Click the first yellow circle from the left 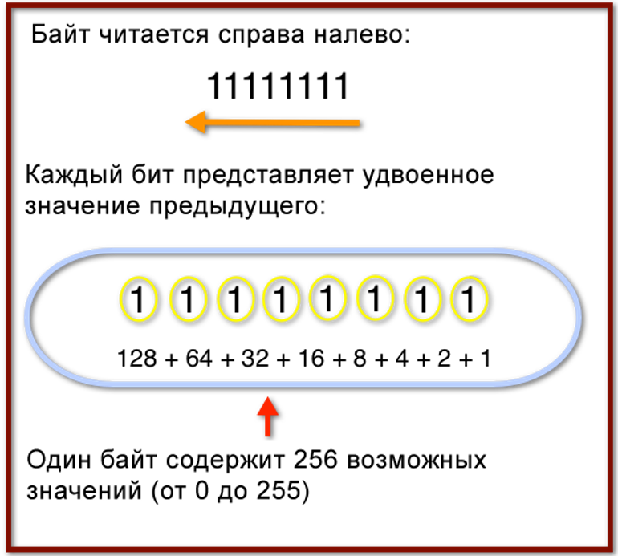point(138,298)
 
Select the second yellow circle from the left point(188,298)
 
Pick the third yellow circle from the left point(235,298)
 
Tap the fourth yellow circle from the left point(281,298)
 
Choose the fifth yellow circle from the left point(327,298)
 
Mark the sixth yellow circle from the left point(375,298)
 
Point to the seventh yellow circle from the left point(422,298)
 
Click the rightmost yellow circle point(469,298)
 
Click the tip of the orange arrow point(185,122)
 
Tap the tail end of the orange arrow point(359,123)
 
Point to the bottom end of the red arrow point(267,435)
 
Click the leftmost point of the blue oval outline point(27,316)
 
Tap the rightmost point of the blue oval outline point(579,316)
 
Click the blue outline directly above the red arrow point(267,383)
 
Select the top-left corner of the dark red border point(8,6)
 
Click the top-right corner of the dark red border point(612,6)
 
